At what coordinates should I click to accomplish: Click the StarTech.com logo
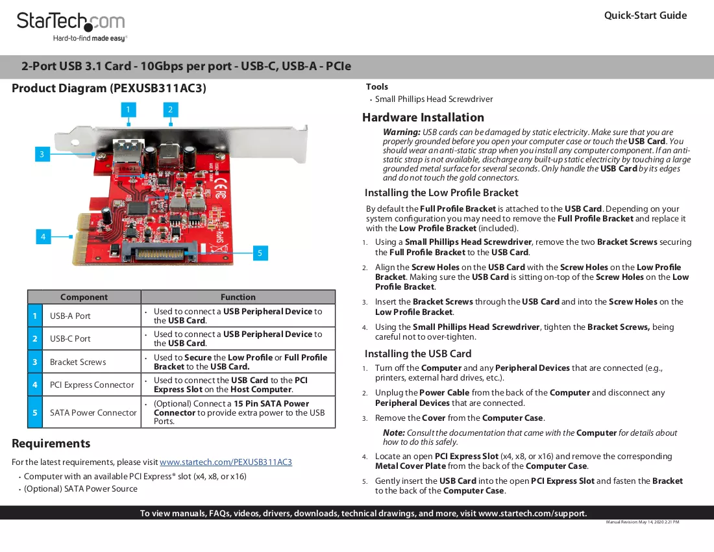pos(71,27)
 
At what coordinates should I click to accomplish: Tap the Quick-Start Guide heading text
pos(645,16)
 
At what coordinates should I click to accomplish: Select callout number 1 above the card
pos(129,109)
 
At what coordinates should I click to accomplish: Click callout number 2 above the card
pos(170,109)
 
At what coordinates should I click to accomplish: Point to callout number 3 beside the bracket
pos(42,154)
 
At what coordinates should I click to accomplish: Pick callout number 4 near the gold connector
pos(43,236)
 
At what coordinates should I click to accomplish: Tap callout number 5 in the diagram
pos(260,253)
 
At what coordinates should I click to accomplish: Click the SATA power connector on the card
pos(160,252)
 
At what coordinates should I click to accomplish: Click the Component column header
pos(84,297)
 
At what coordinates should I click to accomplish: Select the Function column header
pos(238,297)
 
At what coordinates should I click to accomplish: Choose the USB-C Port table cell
pos(70,338)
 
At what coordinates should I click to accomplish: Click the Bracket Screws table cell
pos(78,362)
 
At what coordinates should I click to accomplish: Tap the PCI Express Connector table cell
pos(92,385)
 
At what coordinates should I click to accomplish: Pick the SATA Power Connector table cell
pos(93,412)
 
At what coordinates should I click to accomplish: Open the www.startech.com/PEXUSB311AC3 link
pos(226,462)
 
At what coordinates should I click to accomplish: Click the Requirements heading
pos(51,443)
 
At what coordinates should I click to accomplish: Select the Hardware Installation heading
pos(423,118)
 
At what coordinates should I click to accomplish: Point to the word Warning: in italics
pos(401,132)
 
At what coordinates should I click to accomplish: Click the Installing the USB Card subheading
pos(418,354)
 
